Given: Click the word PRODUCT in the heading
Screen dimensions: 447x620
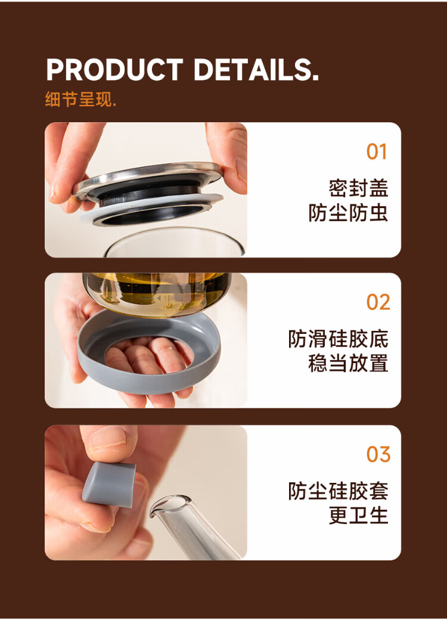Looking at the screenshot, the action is [x=114, y=70].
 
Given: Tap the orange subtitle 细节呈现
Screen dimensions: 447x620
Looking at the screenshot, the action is [x=80, y=99].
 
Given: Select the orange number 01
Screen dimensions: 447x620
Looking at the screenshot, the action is [x=377, y=151].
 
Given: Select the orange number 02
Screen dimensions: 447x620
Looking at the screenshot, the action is [x=378, y=302].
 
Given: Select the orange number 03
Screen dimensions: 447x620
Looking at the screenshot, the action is [x=378, y=454].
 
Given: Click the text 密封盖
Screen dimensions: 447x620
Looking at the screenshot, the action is [x=358, y=188].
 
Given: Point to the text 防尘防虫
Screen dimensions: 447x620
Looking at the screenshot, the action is [x=348, y=213].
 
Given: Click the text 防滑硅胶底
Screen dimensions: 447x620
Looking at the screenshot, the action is [x=339, y=339].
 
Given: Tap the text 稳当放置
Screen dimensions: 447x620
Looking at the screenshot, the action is [x=348, y=364].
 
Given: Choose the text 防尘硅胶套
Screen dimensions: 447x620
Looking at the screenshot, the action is [x=339, y=491].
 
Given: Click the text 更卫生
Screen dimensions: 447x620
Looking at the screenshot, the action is [x=358, y=516].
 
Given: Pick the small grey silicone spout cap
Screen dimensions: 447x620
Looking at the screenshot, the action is [x=109, y=484].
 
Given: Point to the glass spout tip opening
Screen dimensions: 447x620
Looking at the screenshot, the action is [x=170, y=504].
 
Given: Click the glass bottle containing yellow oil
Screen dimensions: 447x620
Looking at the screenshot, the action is [x=157, y=294].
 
